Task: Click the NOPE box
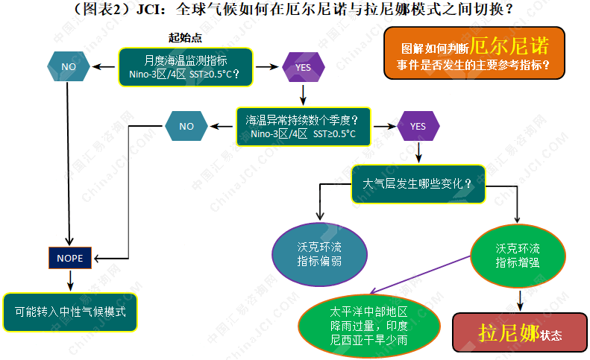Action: point(70,258)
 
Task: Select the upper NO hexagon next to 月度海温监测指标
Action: point(69,66)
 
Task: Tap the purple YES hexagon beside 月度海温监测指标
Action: point(303,67)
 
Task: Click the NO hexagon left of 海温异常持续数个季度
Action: point(186,126)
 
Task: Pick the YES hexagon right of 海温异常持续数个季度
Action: point(418,126)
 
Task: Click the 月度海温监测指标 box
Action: point(186,66)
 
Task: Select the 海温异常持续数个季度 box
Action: point(303,126)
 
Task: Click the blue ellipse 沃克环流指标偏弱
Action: point(321,253)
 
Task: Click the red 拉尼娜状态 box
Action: point(520,333)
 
